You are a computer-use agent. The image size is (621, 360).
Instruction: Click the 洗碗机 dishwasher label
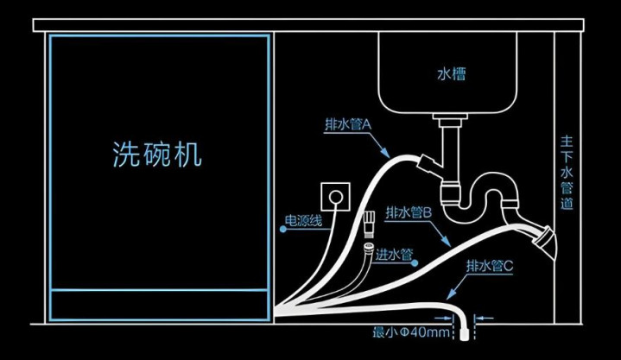coord(157,154)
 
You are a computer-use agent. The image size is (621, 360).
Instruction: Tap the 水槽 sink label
coord(451,74)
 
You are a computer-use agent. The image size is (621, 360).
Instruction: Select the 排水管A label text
coord(348,125)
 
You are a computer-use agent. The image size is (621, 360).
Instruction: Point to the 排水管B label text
coord(409,213)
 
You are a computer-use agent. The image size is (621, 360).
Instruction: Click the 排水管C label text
coord(490,265)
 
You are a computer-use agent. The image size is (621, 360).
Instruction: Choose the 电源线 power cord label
coord(304,221)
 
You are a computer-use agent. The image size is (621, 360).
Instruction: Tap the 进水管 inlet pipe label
coord(394,255)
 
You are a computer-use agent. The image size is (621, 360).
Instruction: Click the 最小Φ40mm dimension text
coord(411,332)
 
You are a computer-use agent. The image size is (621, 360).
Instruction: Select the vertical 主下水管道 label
coord(567,173)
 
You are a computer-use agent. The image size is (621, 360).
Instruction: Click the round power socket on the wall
coord(336,197)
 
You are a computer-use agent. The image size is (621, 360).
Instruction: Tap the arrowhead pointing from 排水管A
coord(384,152)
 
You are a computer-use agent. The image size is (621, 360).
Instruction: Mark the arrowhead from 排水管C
coord(452,294)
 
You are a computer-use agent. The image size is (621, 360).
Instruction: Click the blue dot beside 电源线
coord(282,229)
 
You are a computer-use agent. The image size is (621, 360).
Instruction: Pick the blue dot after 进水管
coord(415,263)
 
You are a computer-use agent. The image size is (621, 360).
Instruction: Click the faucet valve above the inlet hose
coord(369,224)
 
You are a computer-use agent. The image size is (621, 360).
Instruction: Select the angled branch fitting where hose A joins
coord(428,163)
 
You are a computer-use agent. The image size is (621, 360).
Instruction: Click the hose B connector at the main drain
coord(542,237)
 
